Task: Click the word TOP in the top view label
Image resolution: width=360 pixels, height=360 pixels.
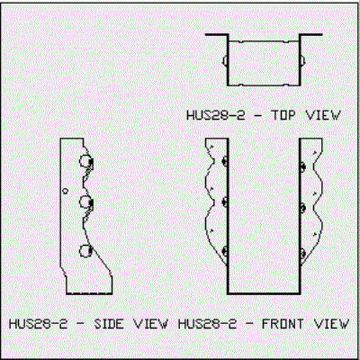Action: tap(283, 115)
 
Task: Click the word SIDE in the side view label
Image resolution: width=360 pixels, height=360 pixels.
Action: tap(109, 324)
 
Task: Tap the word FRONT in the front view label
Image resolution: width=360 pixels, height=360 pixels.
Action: tap(283, 324)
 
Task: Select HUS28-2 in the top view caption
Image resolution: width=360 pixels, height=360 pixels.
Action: tap(216, 115)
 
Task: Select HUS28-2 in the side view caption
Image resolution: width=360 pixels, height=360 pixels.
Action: tap(38, 324)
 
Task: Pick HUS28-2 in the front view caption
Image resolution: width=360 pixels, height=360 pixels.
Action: tap(207, 324)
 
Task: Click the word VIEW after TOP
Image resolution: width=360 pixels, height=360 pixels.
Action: tap(323, 115)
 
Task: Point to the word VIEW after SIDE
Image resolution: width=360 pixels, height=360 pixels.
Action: tap(150, 324)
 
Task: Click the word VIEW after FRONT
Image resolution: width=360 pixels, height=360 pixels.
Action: tap(331, 324)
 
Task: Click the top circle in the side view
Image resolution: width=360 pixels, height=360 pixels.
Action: tap(85, 161)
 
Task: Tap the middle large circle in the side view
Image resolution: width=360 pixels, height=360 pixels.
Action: tap(85, 202)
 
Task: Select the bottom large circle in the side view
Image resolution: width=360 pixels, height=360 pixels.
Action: tap(85, 251)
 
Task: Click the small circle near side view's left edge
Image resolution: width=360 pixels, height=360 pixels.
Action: tap(65, 191)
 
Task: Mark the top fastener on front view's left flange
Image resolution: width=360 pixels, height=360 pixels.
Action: tap(224, 161)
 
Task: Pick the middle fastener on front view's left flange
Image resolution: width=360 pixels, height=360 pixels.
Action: tap(224, 202)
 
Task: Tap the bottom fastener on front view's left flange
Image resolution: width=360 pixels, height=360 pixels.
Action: tap(224, 251)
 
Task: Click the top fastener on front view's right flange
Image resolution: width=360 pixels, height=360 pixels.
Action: tap(302, 166)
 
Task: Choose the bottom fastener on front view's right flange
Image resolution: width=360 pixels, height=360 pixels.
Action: tap(302, 254)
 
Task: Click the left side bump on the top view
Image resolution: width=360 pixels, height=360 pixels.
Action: tap(224, 60)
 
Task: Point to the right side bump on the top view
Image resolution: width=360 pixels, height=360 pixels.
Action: tap(303, 60)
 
